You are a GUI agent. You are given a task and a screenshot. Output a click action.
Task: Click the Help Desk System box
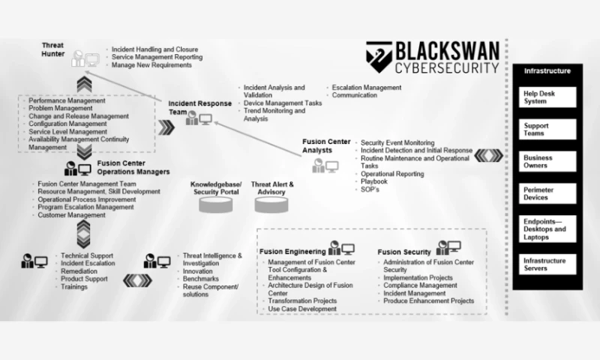pyautogui.click(x=549, y=97)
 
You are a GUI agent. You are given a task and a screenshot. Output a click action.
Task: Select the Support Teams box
pyautogui.click(x=549, y=128)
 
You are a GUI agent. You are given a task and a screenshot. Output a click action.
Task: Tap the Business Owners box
pyautogui.click(x=549, y=162)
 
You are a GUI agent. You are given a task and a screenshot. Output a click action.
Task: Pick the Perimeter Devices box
pyautogui.click(x=549, y=193)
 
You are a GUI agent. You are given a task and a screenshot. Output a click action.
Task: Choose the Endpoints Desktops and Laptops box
pyautogui.click(x=549, y=229)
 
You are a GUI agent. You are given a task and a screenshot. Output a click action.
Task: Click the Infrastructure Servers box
pyautogui.click(x=549, y=263)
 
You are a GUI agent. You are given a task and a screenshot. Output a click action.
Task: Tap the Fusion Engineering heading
pyautogui.click(x=292, y=251)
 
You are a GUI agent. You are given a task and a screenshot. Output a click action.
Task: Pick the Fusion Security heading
pyautogui.click(x=404, y=252)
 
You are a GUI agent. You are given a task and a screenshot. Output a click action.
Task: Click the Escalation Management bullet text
pyautogui.click(x=366, y=87)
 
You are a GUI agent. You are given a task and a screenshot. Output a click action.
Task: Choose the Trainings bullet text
pyautogui.click(x=74, y=286)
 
